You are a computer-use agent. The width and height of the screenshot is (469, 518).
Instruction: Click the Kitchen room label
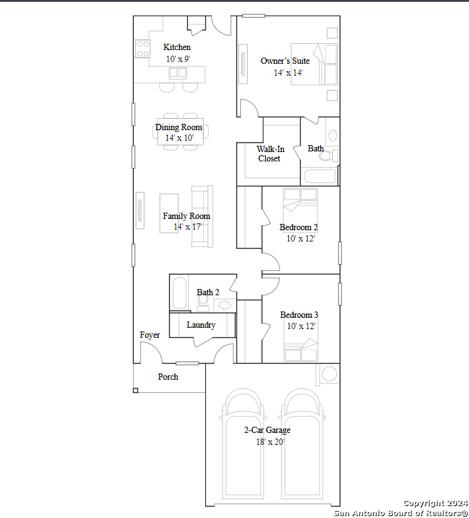click(x=177, y=48)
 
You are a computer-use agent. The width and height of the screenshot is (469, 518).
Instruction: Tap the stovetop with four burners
click(x=143, y=49)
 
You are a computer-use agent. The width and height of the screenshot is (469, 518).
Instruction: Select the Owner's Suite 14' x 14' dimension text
click(x=288, y=73)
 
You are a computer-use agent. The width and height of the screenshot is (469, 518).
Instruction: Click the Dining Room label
click(x=179, y=127)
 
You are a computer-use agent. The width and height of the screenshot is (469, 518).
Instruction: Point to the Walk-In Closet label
click(x=270, y=154)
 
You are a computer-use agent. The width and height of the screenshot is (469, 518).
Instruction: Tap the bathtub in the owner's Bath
click(x=320, y=176)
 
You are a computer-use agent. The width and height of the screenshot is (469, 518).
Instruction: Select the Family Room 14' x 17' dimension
click(x=188, y=226)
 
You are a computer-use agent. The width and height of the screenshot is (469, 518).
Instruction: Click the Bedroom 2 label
click(x=298, y=227)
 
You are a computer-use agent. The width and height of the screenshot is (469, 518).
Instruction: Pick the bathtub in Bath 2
click(x=179, y=293)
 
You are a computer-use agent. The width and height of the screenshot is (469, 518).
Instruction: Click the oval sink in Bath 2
click(x=224, y=305)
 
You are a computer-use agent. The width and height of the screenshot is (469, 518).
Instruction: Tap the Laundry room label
click(x=201, y=325)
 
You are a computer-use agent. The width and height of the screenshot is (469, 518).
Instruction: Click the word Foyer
click(x=149, y=335)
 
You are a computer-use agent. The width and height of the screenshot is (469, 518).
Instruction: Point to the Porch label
click(x=168, y=377)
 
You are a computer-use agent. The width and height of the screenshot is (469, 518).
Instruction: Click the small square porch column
click(x=136, y=390)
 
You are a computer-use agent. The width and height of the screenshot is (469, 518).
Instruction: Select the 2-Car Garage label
click(x=267, y=430)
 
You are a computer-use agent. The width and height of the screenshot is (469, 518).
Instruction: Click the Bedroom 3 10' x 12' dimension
click(x=301, y=327)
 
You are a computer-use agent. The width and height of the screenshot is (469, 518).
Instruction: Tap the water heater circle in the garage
click(x=330, y=374)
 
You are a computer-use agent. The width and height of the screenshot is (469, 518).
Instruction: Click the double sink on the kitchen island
click(x=178, y=73)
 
